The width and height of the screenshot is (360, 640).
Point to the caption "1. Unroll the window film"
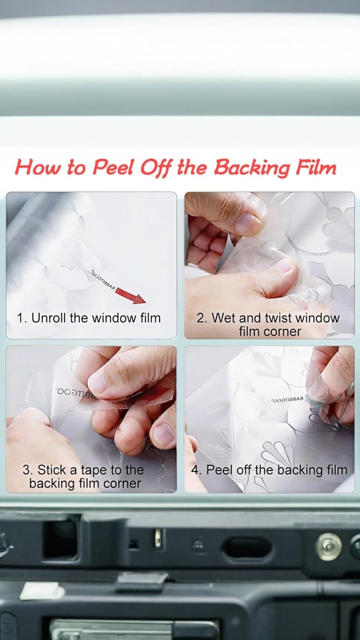point(89,318)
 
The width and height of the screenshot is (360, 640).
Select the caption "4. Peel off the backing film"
point(269,470)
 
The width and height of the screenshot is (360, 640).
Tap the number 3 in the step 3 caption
point(26,470)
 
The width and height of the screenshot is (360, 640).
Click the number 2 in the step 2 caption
point(200,318)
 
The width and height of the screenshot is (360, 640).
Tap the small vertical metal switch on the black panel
point(157,538)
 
